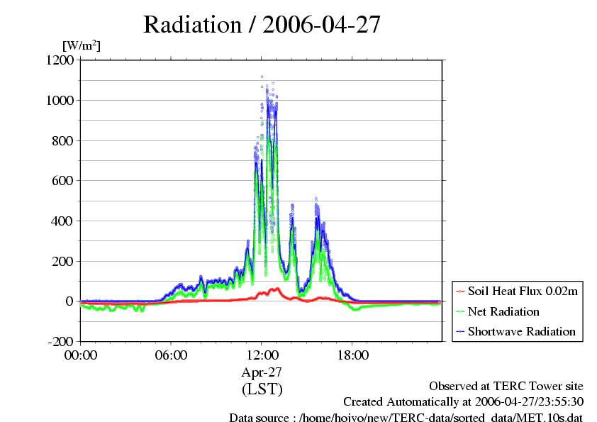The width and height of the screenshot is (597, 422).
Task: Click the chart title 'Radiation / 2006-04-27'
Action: [x=262, y=25]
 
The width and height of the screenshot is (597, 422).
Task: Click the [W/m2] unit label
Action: [x=82, y=46]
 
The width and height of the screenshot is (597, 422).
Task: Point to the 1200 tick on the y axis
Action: [x=60, y=60]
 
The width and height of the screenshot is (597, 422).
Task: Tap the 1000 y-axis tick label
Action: [x=60, y=101]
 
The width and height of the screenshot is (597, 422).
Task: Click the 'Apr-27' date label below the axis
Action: [x=262, y=372]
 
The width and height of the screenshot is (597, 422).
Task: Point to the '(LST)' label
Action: [x=262, y=389]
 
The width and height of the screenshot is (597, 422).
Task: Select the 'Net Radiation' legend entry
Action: [x=503, y=311]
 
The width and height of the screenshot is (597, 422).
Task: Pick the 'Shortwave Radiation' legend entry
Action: [x=521, y=331]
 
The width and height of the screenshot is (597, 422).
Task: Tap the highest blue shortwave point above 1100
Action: [x=262, y=77]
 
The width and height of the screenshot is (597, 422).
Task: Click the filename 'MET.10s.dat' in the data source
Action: [x=552, y=418]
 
